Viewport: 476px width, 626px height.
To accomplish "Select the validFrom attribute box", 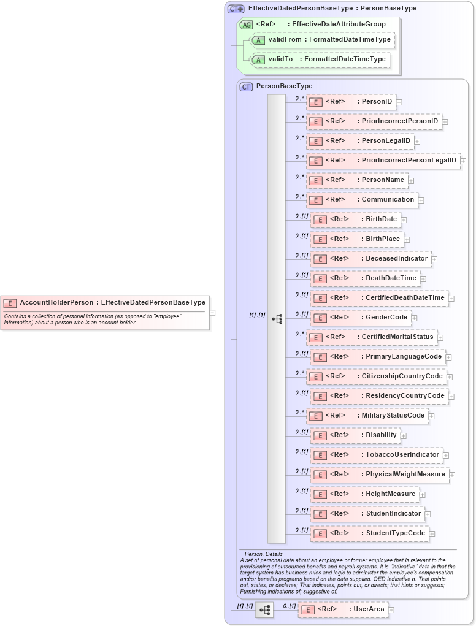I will coord(322,40).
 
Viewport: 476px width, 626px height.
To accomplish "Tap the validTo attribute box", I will coord(320,59).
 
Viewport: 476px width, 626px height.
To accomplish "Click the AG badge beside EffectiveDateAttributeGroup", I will coord(246,25).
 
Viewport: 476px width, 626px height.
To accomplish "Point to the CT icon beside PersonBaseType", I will coord(246,86).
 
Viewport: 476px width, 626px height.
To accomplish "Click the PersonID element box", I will coord(351,102).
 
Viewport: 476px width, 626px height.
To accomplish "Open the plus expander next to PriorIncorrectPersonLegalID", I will coord(463,161).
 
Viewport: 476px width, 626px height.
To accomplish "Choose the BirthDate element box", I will coord(355,219).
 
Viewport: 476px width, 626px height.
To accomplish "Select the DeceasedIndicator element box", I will coord(370,259).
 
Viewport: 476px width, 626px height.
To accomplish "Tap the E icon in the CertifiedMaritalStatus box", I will coord(315,337).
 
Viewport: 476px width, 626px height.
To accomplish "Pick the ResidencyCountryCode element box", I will coord(379,396).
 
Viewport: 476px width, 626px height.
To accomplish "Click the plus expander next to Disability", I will coord(403,436).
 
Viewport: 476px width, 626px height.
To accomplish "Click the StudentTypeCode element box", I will coord(369,533).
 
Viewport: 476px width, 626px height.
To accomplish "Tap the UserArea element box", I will coord(343,609).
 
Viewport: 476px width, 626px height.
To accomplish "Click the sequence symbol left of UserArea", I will coord(265,610).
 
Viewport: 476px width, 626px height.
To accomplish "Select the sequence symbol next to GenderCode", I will coord(277,319).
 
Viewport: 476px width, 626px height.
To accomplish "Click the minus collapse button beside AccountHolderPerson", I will coord(212,312).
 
